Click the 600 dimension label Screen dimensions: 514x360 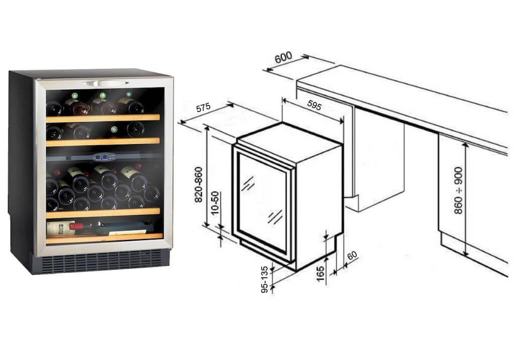pos(283,57)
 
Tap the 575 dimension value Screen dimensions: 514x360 pos(203,107)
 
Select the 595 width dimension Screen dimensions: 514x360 pos(314,104)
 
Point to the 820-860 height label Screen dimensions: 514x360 pos(199,185)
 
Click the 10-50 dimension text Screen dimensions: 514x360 pos(215,203)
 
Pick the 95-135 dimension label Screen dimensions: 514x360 pos(265,279)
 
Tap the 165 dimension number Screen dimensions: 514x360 pos(320,274)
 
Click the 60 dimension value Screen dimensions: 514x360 pos(352,256)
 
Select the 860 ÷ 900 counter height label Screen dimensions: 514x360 pos(458,190)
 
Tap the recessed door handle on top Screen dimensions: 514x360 pos(105,83)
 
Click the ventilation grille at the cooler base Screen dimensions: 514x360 pos(101,261)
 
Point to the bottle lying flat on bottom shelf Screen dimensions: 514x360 pos(100,227)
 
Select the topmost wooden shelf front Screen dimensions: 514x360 pos(103,118)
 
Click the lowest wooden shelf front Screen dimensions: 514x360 pos(104,238)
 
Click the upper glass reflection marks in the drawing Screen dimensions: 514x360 pos(248,183)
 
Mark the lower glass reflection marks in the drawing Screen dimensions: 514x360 pos(275,217)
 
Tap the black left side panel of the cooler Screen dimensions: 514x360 pos(21,167)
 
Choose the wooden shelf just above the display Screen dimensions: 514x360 pos(103,142)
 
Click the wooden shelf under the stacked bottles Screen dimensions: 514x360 pos(103,213)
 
